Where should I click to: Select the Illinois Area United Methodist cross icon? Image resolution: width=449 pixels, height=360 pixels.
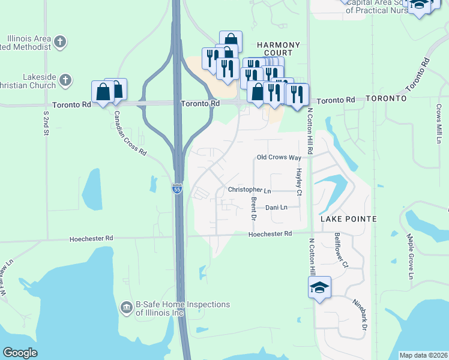[59, 42]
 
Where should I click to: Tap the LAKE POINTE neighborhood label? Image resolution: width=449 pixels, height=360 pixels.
[348, 219]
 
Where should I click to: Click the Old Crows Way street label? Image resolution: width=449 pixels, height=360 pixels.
[279, 157]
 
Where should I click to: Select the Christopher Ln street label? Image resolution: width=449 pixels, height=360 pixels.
[250, 190]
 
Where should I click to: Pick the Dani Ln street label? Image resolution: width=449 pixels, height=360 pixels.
[276, 207]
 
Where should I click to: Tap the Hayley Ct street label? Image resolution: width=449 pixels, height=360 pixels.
[298, 180]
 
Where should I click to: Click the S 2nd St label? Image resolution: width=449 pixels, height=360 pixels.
[46, 122]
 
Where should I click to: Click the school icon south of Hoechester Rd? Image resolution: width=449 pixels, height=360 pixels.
[320, 287]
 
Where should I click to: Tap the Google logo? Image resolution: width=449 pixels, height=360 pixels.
[20, 353]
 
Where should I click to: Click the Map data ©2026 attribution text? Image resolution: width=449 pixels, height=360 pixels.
[423, 355]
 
